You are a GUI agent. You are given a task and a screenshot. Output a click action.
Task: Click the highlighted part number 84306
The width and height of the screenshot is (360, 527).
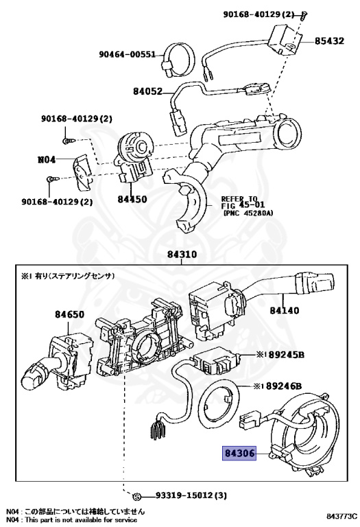coord(239,454)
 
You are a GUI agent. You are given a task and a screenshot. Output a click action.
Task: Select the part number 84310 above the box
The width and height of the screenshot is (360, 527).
coord(182,255)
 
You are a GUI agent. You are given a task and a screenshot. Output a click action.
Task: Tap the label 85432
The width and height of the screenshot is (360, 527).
coord(329,41)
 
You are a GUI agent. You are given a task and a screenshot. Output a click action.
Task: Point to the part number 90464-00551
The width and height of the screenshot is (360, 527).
coord(128,54)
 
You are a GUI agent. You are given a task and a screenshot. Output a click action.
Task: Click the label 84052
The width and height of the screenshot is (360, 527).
coord(147,91)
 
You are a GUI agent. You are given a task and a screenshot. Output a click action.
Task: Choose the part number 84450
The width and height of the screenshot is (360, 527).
coord(132,199)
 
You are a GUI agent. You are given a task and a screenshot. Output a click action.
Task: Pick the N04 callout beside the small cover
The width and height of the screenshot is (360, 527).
coord(47,159)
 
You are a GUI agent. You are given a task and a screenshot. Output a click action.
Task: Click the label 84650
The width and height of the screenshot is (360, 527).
coord(69,314)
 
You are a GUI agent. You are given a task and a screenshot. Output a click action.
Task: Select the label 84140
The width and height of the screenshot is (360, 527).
coord(285,310)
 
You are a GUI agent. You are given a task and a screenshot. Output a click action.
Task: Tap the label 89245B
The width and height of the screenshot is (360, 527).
coord(287,355)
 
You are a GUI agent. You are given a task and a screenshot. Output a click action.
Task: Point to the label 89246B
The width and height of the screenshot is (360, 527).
coord(284,386)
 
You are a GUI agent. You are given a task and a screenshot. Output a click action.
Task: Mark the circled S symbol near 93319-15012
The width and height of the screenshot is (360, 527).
coord(136,496)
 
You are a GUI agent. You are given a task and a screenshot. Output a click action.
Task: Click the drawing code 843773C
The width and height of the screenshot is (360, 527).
coord(341,516)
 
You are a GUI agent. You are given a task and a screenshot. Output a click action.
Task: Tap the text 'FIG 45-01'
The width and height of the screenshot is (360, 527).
coord(243,205)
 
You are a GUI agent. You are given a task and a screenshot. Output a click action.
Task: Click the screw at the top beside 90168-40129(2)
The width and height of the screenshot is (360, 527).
coord(304,15)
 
